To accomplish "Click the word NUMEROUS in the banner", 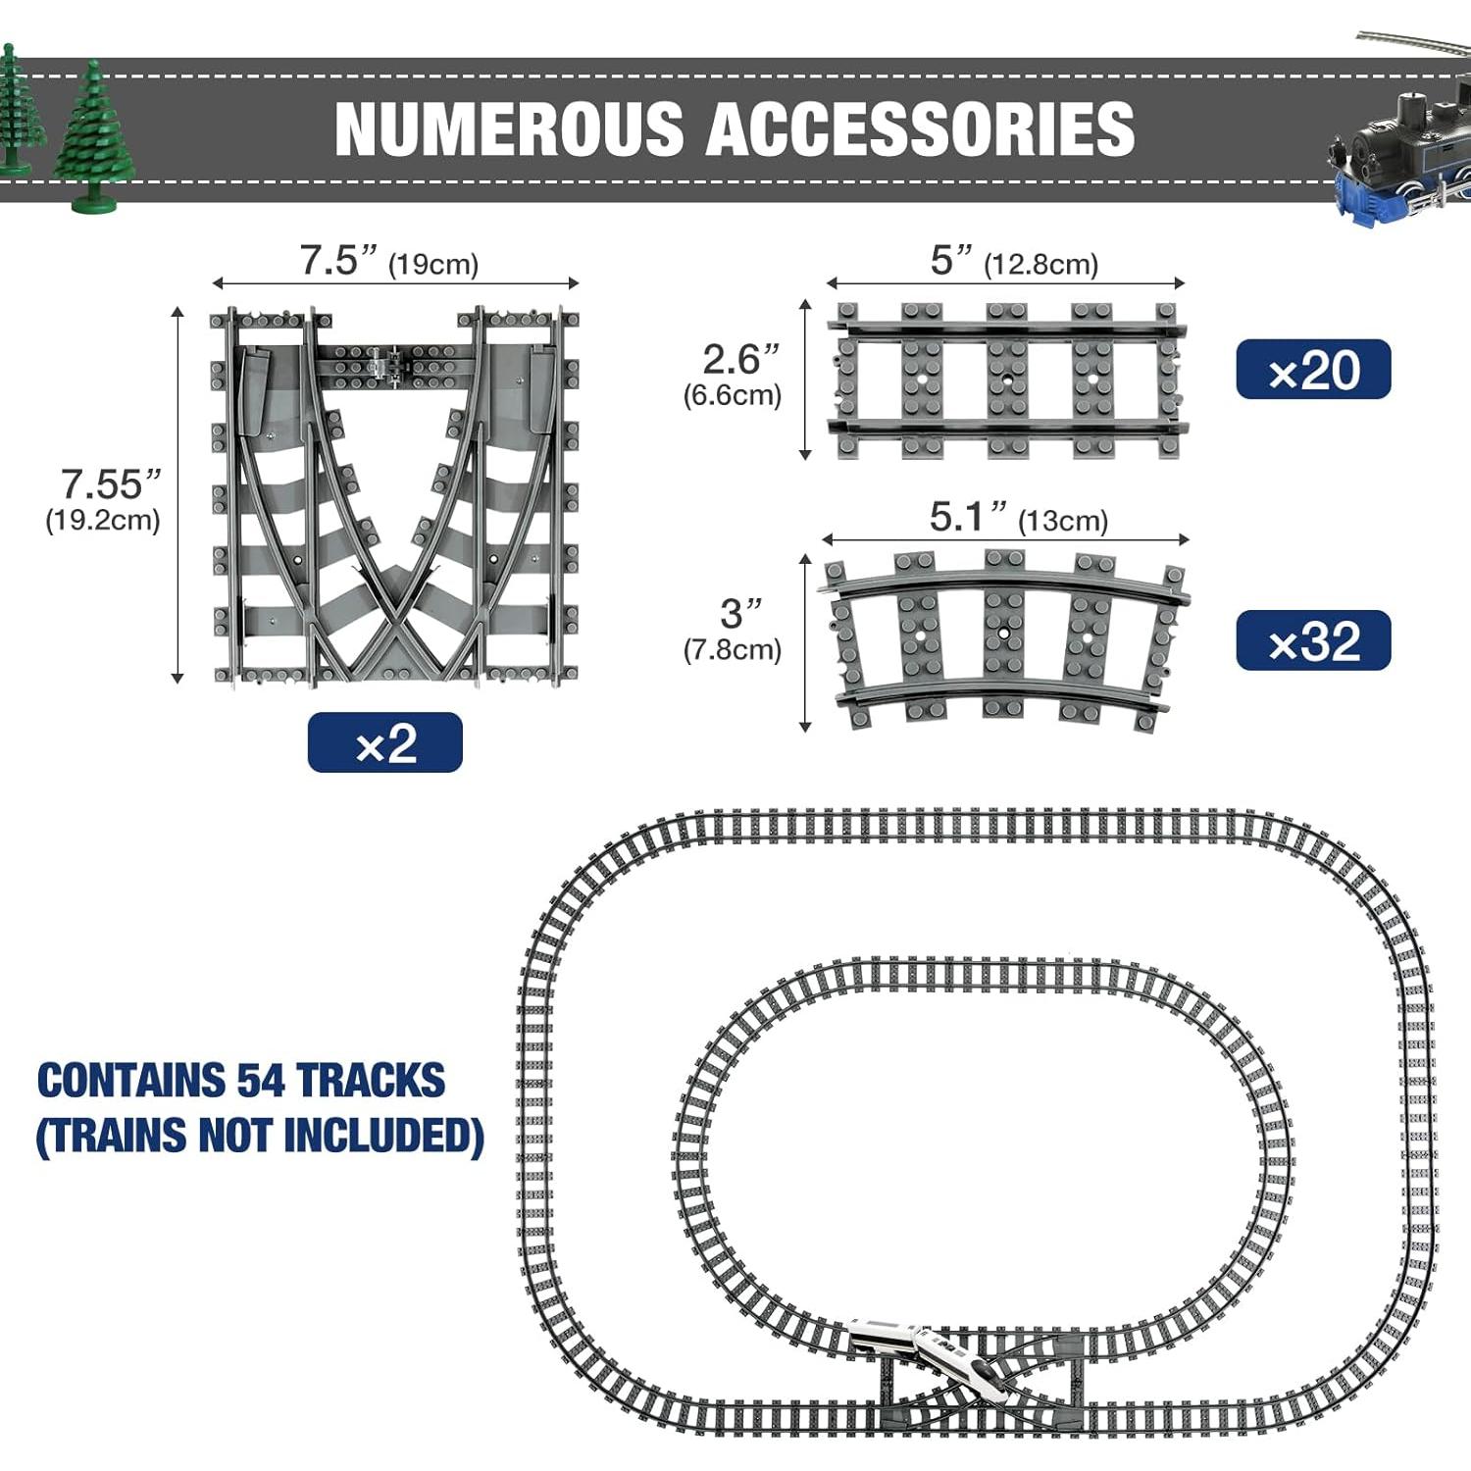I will point(508,128).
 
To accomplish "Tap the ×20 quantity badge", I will point(1313,370).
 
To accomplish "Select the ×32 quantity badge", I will point(1313,640).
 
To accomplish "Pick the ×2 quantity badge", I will point(384,743).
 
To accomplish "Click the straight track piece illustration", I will point(1007,380).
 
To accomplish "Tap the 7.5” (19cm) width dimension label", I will point(388,262).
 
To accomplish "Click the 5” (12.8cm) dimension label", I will point(1013,262).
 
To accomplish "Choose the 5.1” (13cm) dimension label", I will point(1017,518).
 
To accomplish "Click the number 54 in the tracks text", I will point(260,1081).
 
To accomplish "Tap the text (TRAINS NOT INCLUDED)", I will point(260,1136).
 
